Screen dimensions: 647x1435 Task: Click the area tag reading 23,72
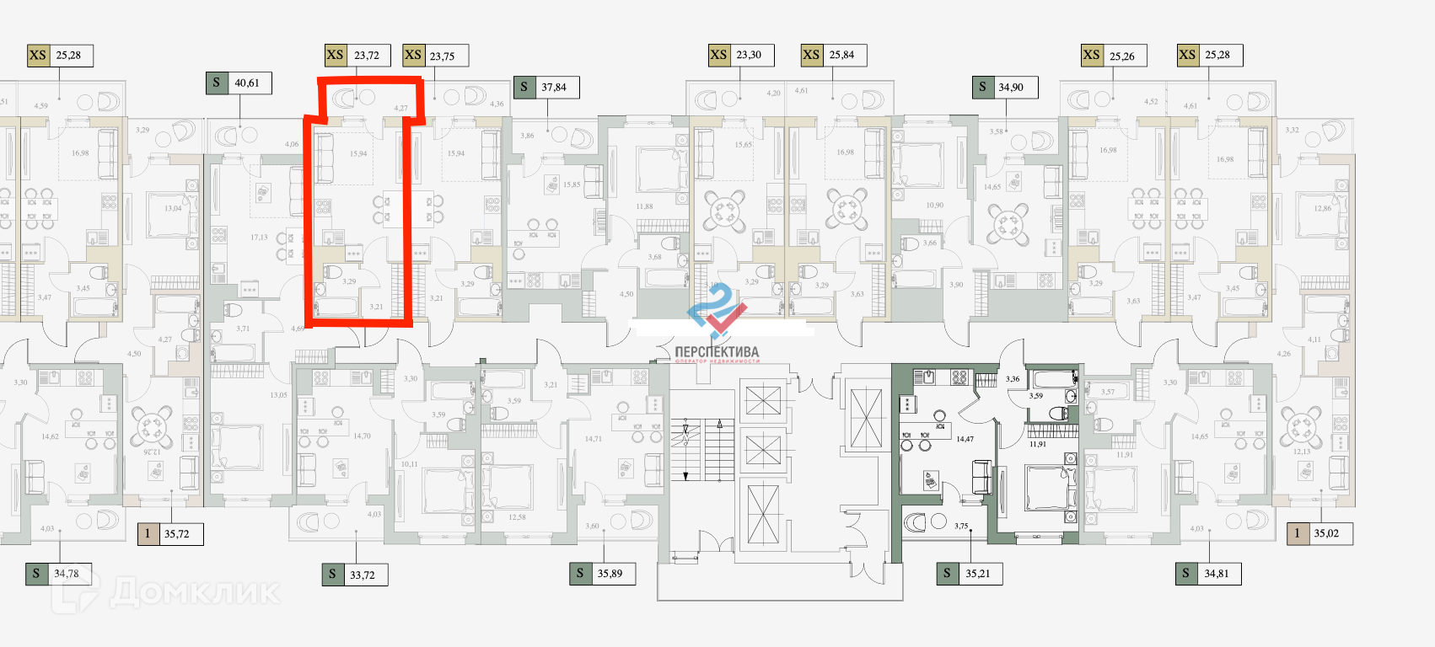click(367, 56)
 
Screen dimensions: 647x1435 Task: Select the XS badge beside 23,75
click(413, 56)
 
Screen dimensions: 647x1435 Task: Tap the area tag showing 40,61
click(247, 83)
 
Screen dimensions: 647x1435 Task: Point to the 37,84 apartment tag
click(554, 87)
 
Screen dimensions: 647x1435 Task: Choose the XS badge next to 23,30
click(718, 55)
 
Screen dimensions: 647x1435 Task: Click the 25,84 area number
click(841, 55)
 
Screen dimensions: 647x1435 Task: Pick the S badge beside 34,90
click(982, 87)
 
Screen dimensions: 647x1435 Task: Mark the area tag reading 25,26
click(1122, 56)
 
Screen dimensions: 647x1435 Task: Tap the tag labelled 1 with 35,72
click(170, 533)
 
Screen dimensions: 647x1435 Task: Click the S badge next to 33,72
click(332, 575)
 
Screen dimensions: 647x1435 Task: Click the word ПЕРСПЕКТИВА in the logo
click(717, 352)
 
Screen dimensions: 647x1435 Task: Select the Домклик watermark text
click(194, 592)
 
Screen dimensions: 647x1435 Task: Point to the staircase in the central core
click(706, 450)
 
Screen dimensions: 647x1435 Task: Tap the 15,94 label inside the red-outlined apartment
click(358, 154)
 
